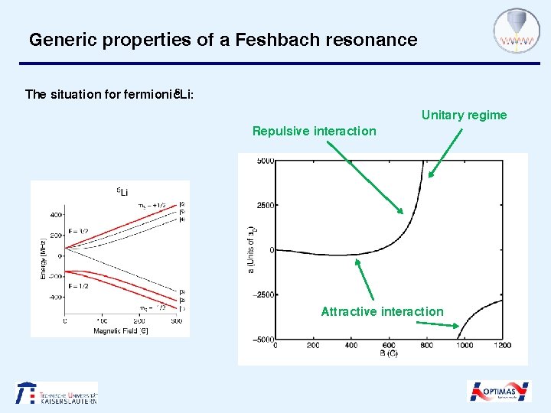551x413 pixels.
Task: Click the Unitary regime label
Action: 464,115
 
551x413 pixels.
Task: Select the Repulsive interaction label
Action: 314,131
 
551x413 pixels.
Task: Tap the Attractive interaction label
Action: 382,311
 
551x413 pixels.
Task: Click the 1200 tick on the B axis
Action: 502,345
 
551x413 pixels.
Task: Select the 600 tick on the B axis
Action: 389,345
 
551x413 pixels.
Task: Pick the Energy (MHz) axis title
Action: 43,256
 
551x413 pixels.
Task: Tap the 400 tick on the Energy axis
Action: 56,215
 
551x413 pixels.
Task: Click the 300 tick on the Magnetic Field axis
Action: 177,322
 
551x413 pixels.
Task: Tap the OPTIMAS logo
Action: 499,392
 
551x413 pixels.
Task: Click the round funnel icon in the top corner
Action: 511,31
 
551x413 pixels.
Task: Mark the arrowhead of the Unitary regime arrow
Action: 430,177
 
